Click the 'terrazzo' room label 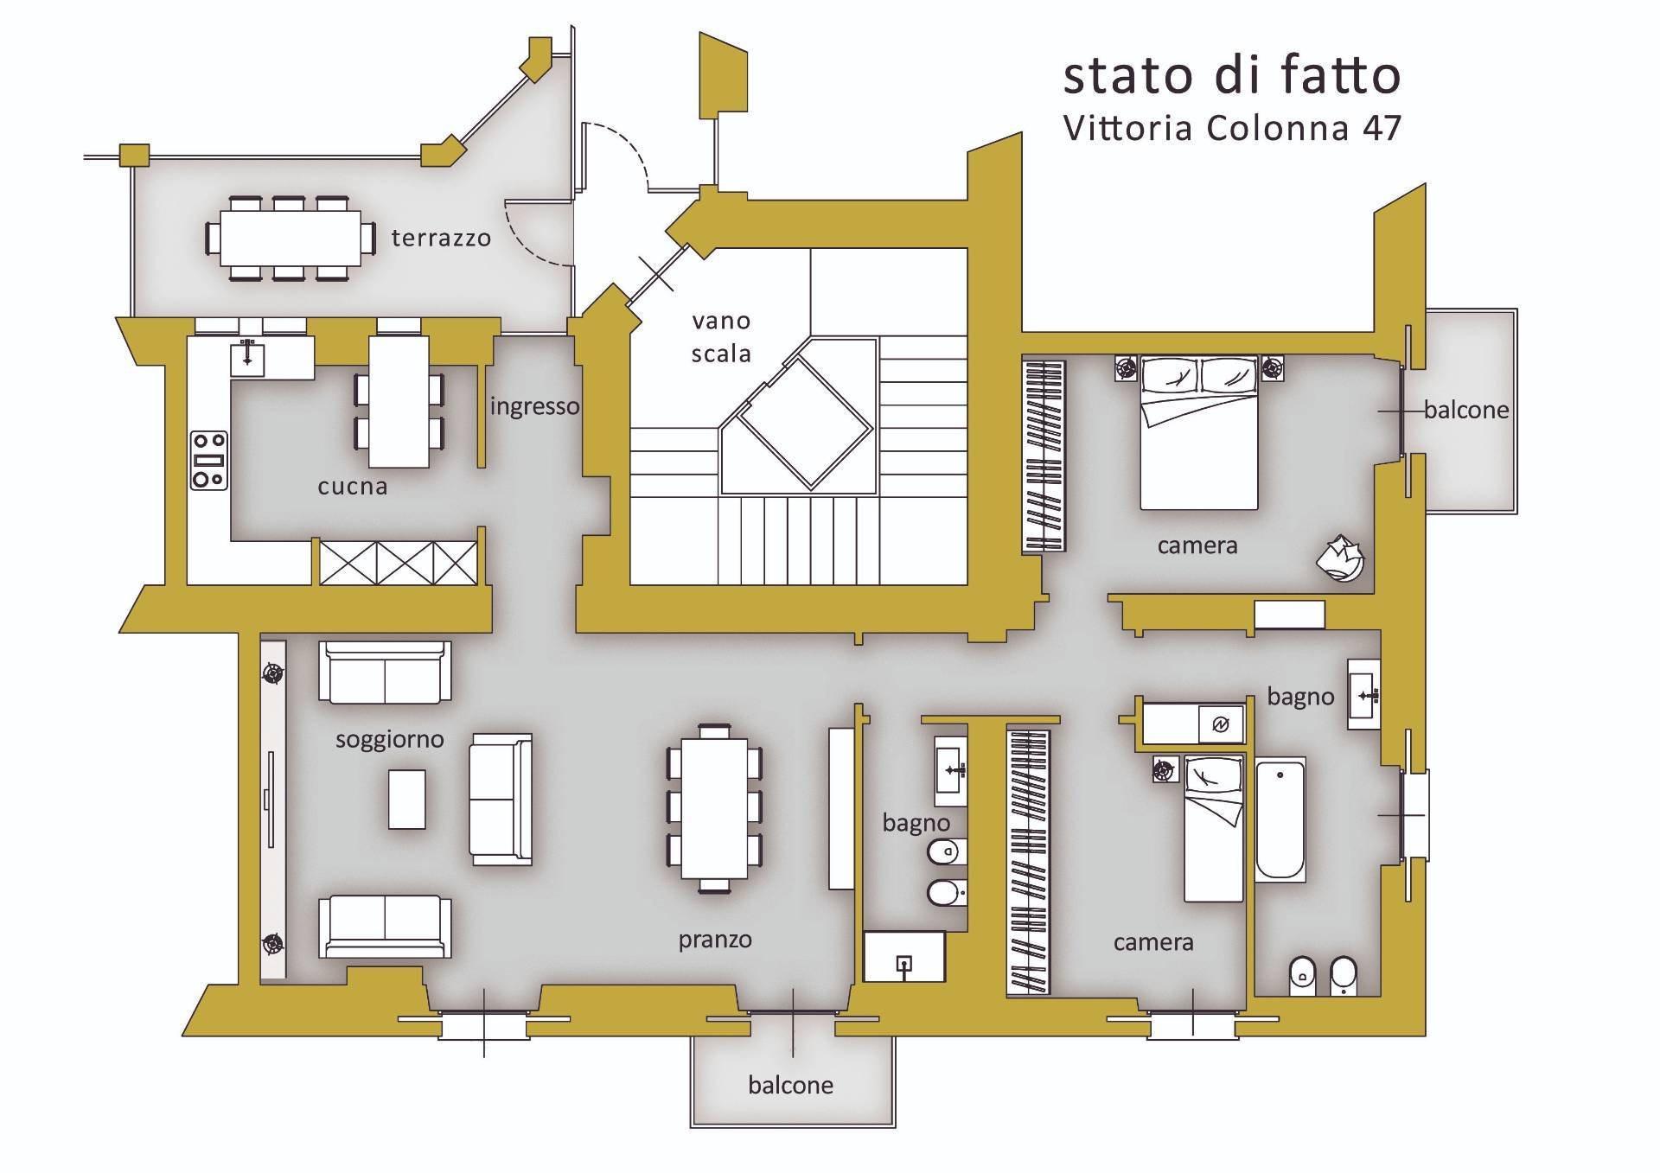[441, 238]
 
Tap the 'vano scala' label [721, 337]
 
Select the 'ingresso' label [534, 406]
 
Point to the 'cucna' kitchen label [353, 487]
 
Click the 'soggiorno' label [390, 740]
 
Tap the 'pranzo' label [715, 940]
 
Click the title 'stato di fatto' [1231, 75]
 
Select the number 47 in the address [1382, 129]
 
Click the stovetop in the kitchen [209, 460]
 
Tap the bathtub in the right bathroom [1280, 820]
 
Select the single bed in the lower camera [1214, 827]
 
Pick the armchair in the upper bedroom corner [1340, 558]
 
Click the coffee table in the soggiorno [406, 800]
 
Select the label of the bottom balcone [791, 1086]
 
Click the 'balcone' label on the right [1466, 410]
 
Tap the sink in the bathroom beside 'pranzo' [951, 771]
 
